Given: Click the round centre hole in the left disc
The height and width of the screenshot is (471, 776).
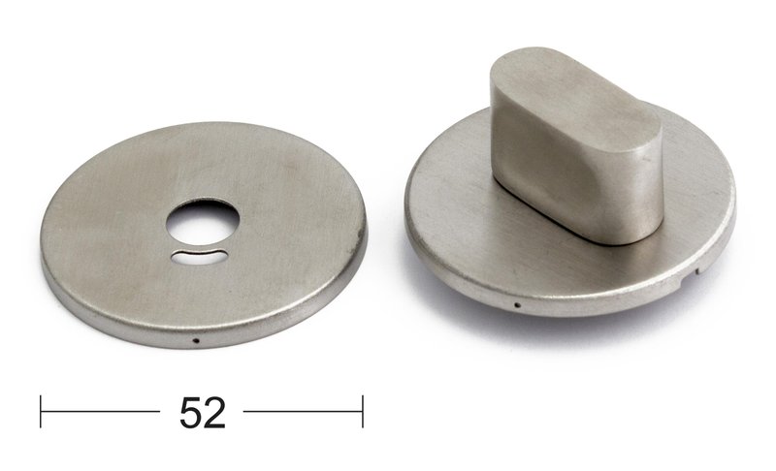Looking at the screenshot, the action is coord(203,222).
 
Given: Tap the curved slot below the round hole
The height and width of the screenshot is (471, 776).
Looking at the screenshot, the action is coord(200,257).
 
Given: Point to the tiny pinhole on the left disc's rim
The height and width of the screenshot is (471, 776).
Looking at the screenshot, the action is coord(196,340).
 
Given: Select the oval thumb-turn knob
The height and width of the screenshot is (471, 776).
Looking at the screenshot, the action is coord(576,144).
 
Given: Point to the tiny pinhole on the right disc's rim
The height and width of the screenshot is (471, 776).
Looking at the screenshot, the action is coord(518,305).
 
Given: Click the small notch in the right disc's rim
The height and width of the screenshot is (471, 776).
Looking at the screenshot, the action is coord(698,269).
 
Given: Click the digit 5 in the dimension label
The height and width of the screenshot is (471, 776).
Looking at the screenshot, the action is coord(190,413).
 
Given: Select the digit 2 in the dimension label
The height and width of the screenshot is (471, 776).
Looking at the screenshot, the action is coord(214,413).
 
